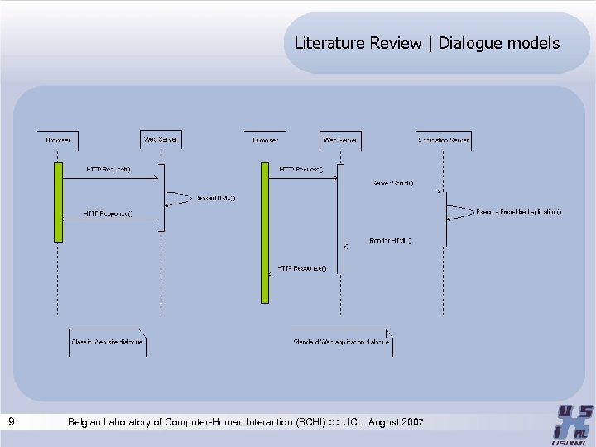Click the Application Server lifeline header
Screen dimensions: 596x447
pyautogui.click(x=443, y=140)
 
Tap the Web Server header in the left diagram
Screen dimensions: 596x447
pyautogui.click(x=161, y=139)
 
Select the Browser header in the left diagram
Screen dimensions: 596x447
pyautogui.click(x=58, y=140)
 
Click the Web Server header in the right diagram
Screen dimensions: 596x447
pyautogui.click(x=340, y=140)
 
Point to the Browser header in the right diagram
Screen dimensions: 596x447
pyautogui.click(x=265, y=140)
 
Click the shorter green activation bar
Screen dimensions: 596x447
pyautogui.click(x=58, y=201)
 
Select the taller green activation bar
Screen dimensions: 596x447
pyautogui.click(x=265, y=232)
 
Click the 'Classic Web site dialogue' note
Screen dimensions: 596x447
pyautogui.click(x=107, y=341)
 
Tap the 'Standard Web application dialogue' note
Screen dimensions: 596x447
pyautogui.click(x=341, y=341)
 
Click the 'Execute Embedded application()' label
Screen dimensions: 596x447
pyautogui.click(x=519, y=212)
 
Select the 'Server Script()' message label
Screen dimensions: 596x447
pyautogui.click(x=392, y=183)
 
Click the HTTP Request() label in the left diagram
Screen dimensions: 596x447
pyautogui.click(x=108, y=170)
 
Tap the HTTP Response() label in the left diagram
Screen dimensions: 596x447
pyautogui.click(x=108, y=214)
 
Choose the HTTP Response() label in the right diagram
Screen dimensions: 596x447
pyautogui.click(x=302, y=267)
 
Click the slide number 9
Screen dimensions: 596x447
pyautogui.click(x=11, y=422)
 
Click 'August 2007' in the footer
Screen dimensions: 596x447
pyautogui.click(x=395, y=422)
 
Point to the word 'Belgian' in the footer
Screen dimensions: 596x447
pyautogui.click(x=87, y=422)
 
